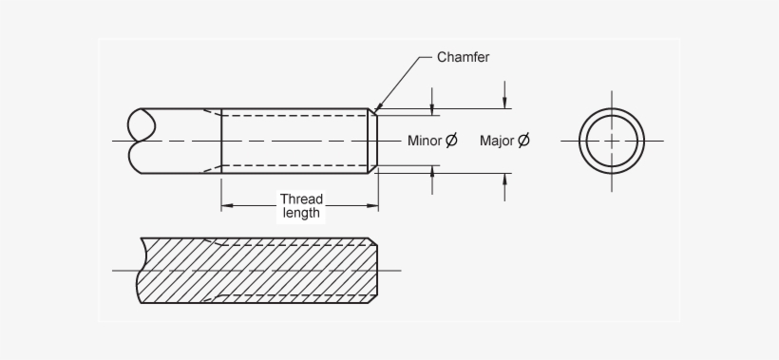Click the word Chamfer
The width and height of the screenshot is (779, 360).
pos(463,57)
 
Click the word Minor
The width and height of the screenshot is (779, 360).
pos(425,141)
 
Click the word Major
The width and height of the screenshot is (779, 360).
pos(497,141)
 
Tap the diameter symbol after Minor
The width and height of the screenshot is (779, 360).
pos(451,141)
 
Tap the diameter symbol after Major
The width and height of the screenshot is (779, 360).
pos(523,141)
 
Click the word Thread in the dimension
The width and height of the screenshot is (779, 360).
pos(301,199)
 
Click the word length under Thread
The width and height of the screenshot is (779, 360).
pos(301,213)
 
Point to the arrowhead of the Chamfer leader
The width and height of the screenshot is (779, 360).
pos(378,109)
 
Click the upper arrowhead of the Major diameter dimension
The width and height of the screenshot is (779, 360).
pos(505,104)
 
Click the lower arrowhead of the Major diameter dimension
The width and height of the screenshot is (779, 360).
pos(505,179)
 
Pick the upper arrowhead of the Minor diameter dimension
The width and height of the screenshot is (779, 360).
pos(432,110)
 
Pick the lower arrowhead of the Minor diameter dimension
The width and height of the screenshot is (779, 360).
pos(432,171)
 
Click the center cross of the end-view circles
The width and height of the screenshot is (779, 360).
pos(612,141)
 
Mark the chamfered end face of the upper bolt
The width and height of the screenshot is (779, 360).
pos(372,141)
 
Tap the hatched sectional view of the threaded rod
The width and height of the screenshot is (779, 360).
pos(256,271)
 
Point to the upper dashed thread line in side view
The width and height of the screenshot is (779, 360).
pos(294,116)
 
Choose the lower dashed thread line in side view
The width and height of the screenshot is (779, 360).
pos(294,166)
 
